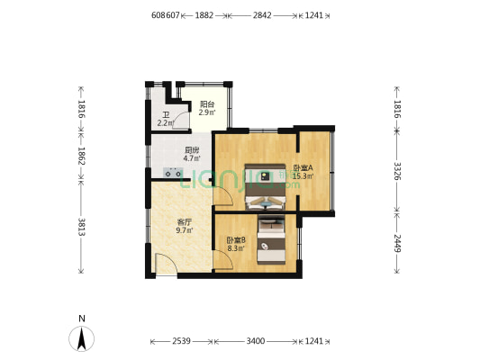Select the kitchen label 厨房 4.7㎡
point(191,154)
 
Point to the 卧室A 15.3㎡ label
point(302,172)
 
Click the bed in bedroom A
point(267,186)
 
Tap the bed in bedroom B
point(271,237)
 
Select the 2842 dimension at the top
point(262,15)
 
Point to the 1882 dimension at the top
point(204,15)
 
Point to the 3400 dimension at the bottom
point(255,341)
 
